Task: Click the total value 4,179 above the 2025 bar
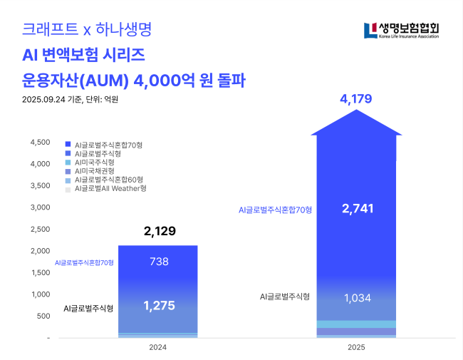click(x=356, y=99)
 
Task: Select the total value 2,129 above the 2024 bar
click(x=159, y=231)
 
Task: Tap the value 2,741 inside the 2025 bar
click(x=357, y=209)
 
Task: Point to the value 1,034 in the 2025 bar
click(x=357, y=298)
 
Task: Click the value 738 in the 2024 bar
click(x=159, y=262)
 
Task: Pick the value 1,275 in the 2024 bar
click(x=159, y=306)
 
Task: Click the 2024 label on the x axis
click(x=157, y=347)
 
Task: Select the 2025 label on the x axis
click(x=356, y=347)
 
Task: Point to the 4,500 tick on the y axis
click(x=39, y=143)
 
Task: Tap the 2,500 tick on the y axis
click(x=39, y=230)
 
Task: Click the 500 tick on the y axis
click(x=42, y=316)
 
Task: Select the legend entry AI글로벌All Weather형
click(x=110, y=189)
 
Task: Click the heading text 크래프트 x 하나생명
click(x=87, y=30)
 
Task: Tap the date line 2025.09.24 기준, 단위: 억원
click(x=70, y=100)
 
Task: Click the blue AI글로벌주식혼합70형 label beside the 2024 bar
click(x=84, y=263)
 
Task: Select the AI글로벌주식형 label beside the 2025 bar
click(x=283, y=297)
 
